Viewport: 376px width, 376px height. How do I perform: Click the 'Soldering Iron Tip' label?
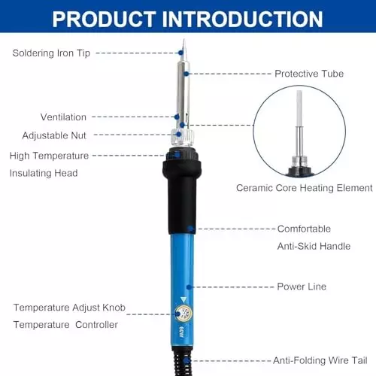(51, 53)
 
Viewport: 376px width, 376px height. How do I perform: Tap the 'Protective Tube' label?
(309, 74)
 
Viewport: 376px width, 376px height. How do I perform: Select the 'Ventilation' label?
(63, 117)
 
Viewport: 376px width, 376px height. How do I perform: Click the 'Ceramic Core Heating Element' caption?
(304, 188)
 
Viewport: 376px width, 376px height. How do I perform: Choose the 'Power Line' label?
(302, 287)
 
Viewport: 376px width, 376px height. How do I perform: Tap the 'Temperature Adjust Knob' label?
(69, 308)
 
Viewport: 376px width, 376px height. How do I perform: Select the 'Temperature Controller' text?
(65, 325)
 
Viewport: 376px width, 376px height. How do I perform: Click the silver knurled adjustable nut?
(180, 136)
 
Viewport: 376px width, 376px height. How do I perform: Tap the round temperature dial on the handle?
(182, 316)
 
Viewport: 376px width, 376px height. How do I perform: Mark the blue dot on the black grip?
(191, 229)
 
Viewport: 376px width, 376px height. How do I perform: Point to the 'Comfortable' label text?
(304, 229)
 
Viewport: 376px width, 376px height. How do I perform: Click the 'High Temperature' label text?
(49, 156)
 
